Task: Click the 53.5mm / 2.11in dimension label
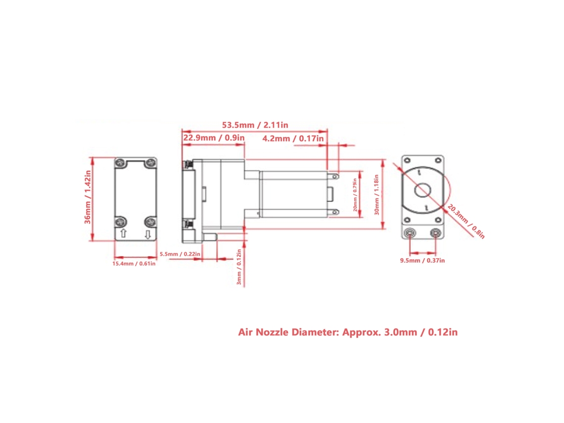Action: click(x=255, y=125)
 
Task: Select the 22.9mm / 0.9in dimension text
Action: click(x=214, y=138)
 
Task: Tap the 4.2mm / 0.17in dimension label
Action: click(x=293, y=139)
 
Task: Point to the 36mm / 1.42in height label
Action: click(x=88, y=197)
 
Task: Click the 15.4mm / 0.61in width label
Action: click(x=134, y=264)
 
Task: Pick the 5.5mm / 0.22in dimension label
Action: click(x=180, y=254)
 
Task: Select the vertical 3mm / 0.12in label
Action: click(x=239, y=267)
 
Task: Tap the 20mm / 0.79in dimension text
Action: click(x=355, y=195)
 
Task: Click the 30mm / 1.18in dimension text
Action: click(x=376, y=194)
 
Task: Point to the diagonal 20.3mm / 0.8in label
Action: click(x=466, y=221)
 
